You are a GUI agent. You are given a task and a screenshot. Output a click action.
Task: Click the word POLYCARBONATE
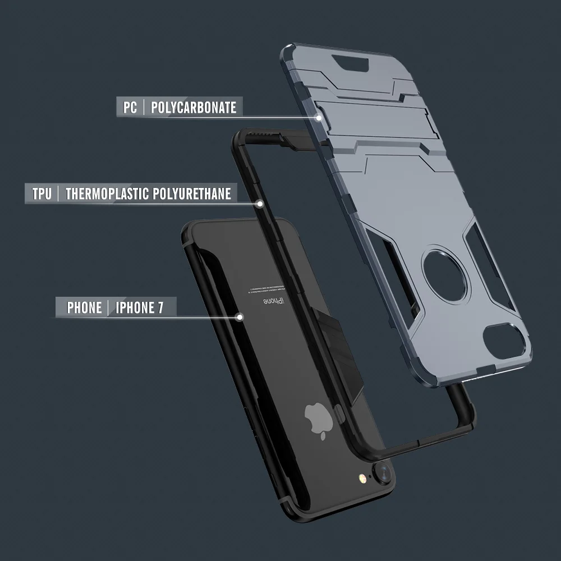(194, 107)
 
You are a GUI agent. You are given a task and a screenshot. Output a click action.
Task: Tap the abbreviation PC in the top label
(130, 107)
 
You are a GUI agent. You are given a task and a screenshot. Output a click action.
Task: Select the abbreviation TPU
(42, 194)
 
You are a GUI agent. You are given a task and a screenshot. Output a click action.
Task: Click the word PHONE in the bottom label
(84, 307)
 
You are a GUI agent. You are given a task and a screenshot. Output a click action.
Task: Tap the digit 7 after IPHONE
(160, 307)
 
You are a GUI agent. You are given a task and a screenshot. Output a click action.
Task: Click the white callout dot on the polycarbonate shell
(319, 118)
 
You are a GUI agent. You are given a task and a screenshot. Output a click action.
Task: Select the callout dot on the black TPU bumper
(260, 204)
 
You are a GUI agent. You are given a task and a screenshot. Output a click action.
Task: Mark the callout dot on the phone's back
(240, 317)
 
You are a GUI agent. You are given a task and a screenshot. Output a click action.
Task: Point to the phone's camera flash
(361, 478)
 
